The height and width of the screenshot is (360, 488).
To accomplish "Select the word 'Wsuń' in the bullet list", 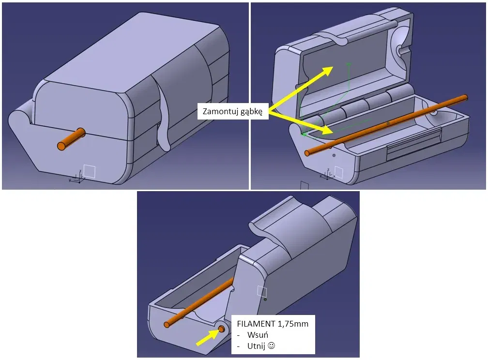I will [257, 335].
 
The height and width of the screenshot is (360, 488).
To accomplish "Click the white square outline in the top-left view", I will [90, 171].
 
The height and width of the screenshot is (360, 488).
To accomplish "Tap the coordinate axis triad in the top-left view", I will [77, 176].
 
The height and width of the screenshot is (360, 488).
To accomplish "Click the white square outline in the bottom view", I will [262, 291].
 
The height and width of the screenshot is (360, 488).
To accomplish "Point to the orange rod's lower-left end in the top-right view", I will [308, 153].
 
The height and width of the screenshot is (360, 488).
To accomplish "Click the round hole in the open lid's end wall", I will [401, 50].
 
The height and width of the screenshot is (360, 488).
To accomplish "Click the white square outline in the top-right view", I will [339, 172].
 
